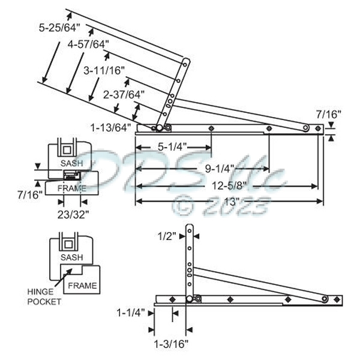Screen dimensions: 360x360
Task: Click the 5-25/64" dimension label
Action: click(x=59, y=28)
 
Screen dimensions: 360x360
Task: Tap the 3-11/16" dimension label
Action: click(x=104, y=70)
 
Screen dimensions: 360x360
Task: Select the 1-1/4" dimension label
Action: click(x=131, y=313)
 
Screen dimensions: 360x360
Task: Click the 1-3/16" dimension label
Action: click(x=172, y=344)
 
